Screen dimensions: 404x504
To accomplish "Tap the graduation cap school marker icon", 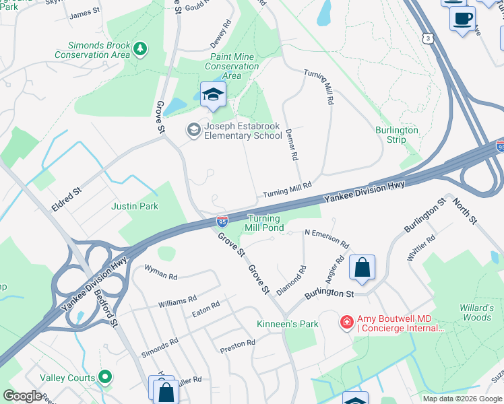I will [x=212, y=95].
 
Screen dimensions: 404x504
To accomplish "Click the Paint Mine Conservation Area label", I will [x=232, y=67].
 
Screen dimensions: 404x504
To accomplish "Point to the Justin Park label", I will [x=134, y=206].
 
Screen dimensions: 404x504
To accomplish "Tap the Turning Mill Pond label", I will [x=265, y=223].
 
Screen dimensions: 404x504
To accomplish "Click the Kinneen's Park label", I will [x=288, y=324].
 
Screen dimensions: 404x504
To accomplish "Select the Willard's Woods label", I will [x=476, y=312].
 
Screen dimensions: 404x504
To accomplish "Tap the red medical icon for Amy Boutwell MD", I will [x=347, y=323].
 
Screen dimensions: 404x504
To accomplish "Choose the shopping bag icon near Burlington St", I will [x=362, y=267].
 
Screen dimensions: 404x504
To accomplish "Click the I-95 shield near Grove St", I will [x=222, y=221].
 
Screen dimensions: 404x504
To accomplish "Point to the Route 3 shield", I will [x=429, y=38].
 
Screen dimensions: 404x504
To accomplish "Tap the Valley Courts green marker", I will [x=104, y=377].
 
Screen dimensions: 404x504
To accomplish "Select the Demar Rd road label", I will [x=291, y=145].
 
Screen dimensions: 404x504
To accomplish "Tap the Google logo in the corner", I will [x=23, y=396].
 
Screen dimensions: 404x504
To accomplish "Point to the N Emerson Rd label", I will [x=327, y=239].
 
